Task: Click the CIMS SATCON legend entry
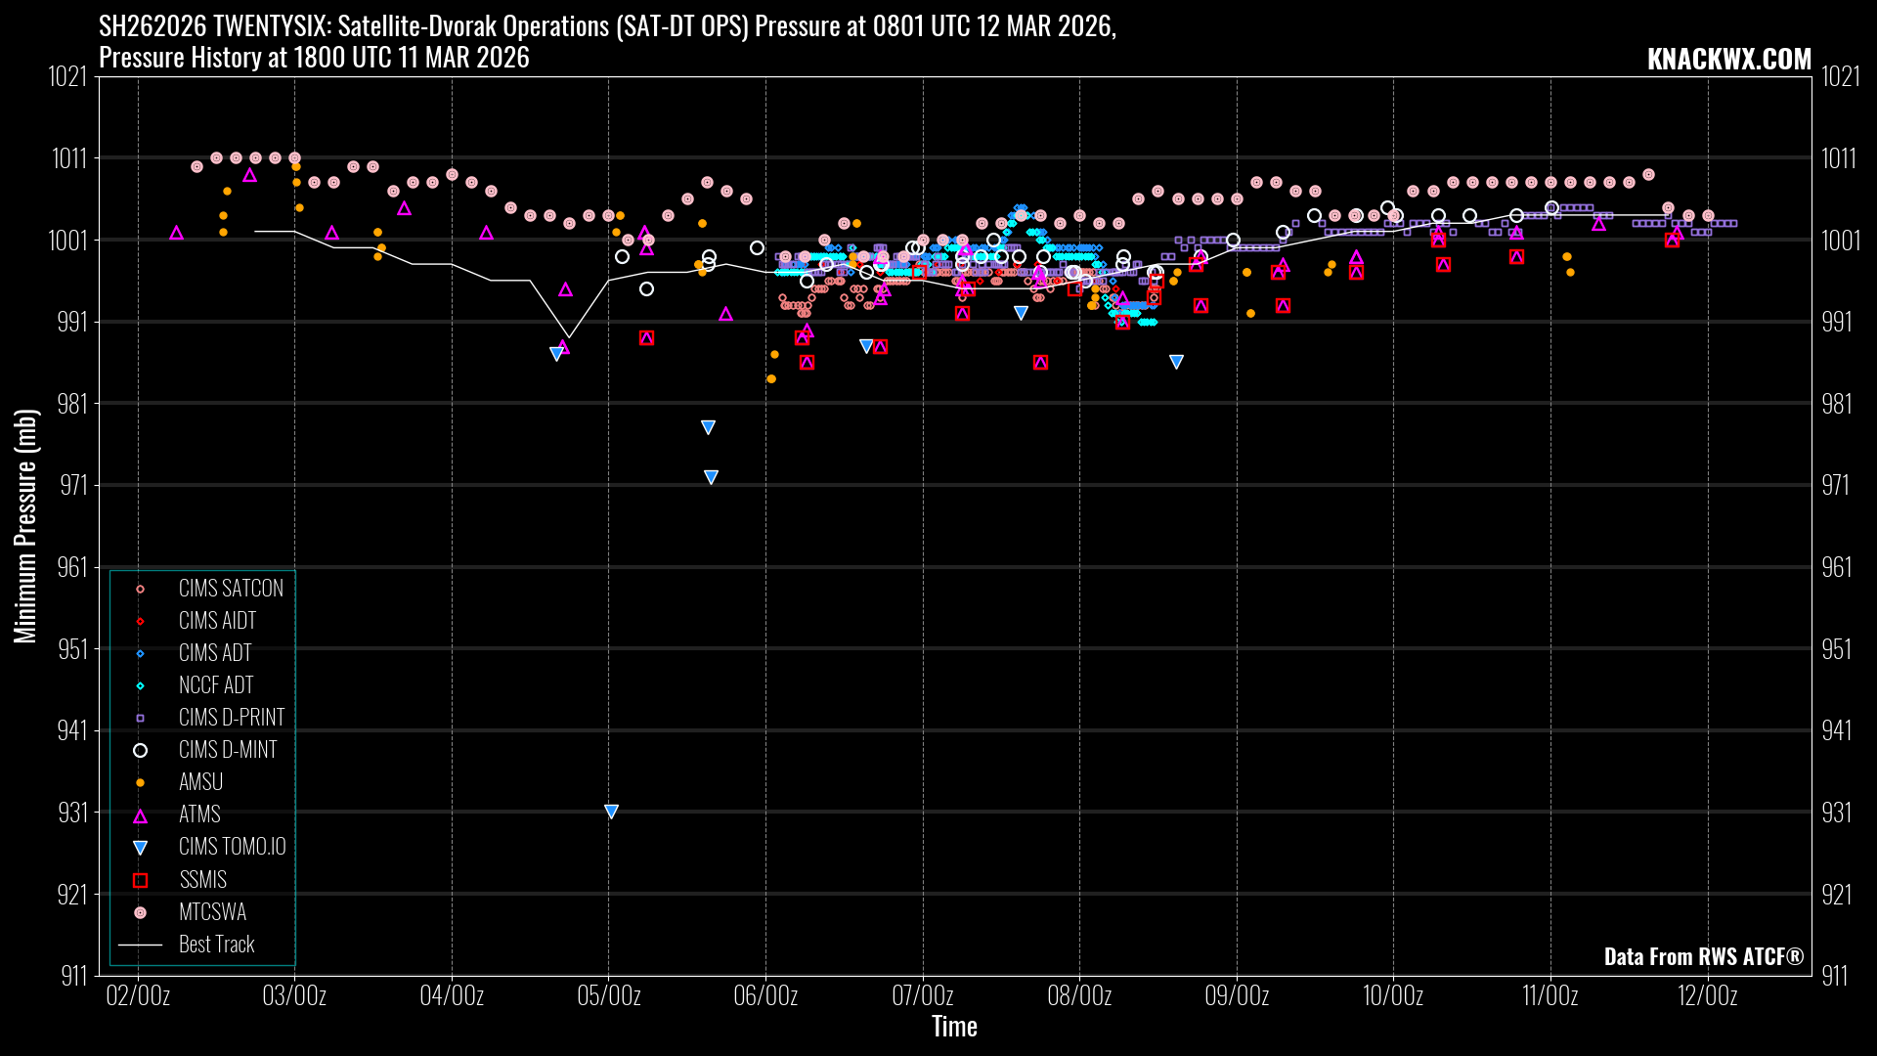[231, 589]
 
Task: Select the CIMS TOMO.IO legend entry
[232, 847]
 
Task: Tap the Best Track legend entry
[216, 945]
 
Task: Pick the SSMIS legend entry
[202, 880]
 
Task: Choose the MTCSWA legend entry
[212, 912]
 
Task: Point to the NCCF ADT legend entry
[216, 685]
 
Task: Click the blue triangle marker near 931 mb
[611, 812]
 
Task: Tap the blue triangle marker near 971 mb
[711, 477]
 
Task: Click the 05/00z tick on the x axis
[609, 996]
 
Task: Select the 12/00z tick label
[1707, 996]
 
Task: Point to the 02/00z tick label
[138, 996]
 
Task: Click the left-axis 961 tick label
[72, 567]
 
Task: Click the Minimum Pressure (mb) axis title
[25, 526]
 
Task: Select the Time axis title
[954, 1027]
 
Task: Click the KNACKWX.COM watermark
[1728, 60]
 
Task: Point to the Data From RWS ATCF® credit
[1703, 956]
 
